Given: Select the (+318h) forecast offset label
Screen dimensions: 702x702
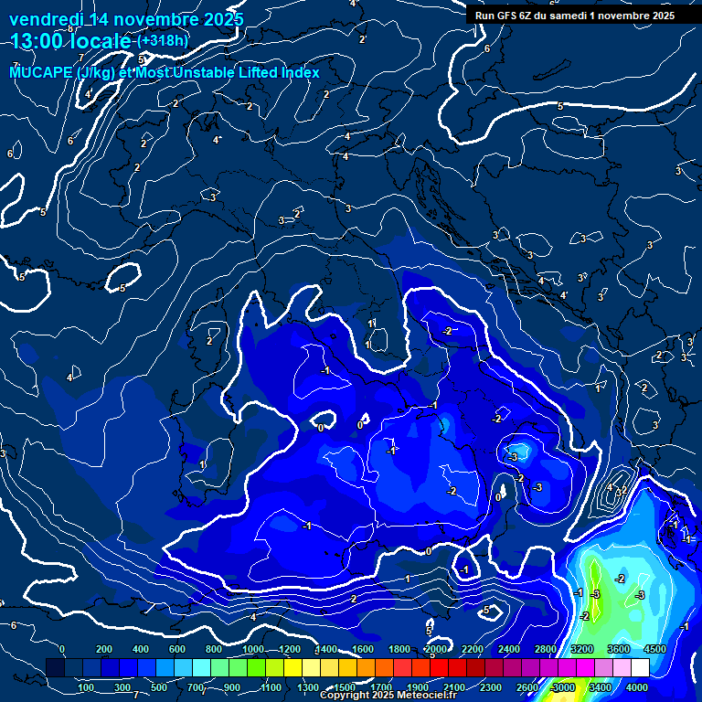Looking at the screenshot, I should (162, 41).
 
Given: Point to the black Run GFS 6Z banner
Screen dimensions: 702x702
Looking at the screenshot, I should (575, 15).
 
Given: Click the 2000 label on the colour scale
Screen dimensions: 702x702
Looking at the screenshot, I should (436, 649).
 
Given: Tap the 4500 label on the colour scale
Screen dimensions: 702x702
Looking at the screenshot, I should (655, 649).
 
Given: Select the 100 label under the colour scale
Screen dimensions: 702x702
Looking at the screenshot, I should (87, 687).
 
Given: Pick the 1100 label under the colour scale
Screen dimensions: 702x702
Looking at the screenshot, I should (271, 687).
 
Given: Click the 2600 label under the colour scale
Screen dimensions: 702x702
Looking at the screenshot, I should (527, 687).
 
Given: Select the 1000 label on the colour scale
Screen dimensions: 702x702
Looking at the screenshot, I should (253, 649).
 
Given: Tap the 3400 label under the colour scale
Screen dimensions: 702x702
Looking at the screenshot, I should (601, 687).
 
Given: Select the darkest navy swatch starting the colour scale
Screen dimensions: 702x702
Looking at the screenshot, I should (56, 668).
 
